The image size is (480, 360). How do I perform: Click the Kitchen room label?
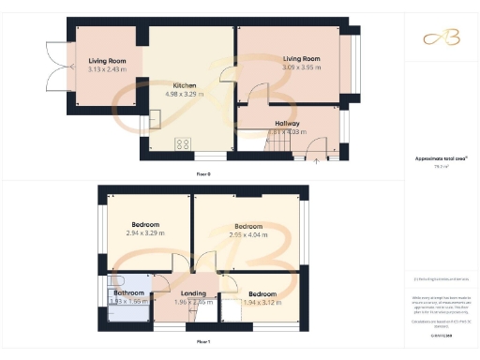point(184,85)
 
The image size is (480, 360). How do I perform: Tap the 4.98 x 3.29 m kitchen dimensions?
point(184,94)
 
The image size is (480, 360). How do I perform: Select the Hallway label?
point(287,123)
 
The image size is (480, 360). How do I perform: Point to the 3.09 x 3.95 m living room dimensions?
point(301,67)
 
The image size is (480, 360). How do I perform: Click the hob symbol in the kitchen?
point(182,143)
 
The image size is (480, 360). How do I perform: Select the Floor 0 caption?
point(202,174)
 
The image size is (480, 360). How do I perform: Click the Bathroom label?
point(128,292)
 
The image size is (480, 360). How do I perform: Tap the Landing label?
point(193,292)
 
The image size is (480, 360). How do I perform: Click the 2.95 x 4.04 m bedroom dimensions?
point(247,235)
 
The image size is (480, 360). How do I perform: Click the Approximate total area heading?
point(440,159)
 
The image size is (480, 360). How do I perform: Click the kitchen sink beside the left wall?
point(154,119)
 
